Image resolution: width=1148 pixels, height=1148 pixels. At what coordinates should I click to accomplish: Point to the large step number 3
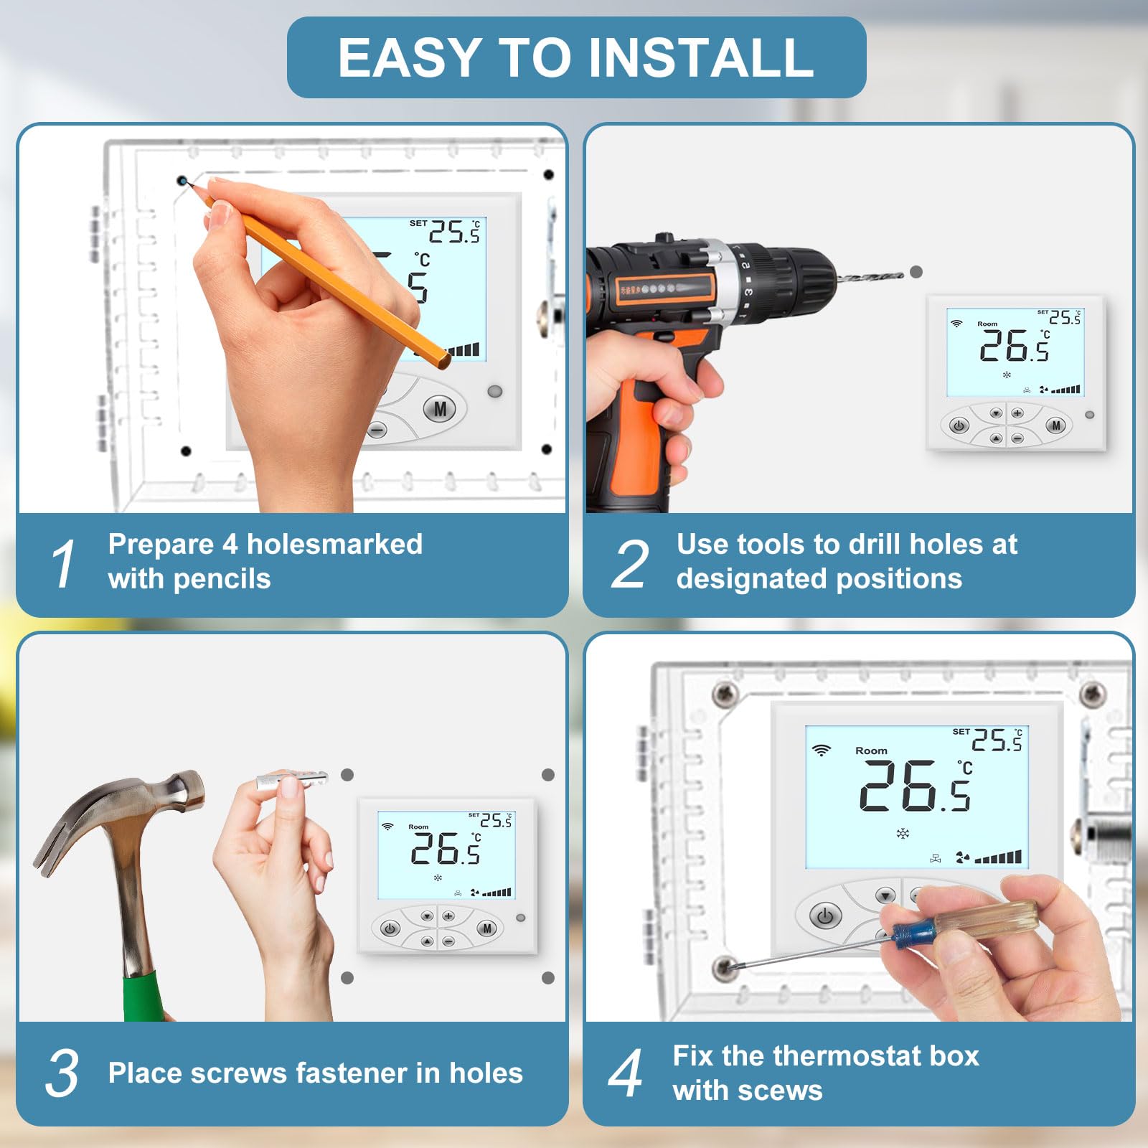point(62,1073)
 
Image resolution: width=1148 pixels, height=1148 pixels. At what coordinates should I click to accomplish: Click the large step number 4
point(626,1073)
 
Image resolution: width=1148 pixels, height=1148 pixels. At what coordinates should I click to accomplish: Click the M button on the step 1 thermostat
point(441,409)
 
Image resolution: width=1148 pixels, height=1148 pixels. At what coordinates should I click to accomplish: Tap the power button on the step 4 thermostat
point(825,916)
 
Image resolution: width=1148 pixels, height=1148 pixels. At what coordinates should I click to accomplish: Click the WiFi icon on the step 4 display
point(821,751)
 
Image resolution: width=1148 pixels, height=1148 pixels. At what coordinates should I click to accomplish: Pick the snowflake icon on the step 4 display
point(903,833)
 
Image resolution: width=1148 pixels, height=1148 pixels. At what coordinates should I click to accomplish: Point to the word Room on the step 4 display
point(871,751)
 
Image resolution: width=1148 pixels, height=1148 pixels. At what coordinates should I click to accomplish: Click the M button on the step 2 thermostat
point(1055,425)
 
